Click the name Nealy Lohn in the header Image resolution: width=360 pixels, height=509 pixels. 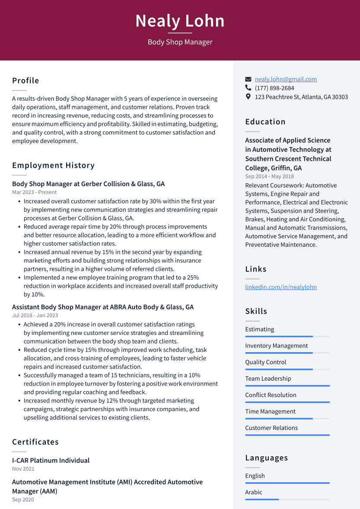(180, 21)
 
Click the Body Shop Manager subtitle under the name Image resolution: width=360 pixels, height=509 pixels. (180, 42)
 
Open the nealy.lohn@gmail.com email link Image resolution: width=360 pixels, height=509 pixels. (285, 79)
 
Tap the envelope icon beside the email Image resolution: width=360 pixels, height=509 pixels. (248, 79)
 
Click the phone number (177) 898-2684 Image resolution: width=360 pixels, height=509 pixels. (274, 88)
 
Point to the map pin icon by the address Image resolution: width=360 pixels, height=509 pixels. (248, 97)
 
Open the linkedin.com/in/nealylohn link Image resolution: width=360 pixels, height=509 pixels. (280, 287)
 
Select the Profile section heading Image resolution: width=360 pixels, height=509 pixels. (25, 81)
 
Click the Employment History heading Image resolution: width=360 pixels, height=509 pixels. (53, 165)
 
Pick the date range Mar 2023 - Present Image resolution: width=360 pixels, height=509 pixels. (34, 192)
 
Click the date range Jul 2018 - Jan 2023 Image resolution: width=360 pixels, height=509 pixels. (35, 315)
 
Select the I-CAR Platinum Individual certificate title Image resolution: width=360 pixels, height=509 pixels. (51, 461)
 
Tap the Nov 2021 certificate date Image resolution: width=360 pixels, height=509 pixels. (23, 469)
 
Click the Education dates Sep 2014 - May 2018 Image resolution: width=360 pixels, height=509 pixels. (269, 176)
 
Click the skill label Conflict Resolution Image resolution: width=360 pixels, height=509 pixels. (271, 395)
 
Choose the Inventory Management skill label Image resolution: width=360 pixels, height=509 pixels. (276, 346)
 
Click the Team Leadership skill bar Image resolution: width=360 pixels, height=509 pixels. (287, 386)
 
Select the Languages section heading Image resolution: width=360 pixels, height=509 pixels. (266, 458)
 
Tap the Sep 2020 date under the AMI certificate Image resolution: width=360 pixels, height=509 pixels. (23, 500)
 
